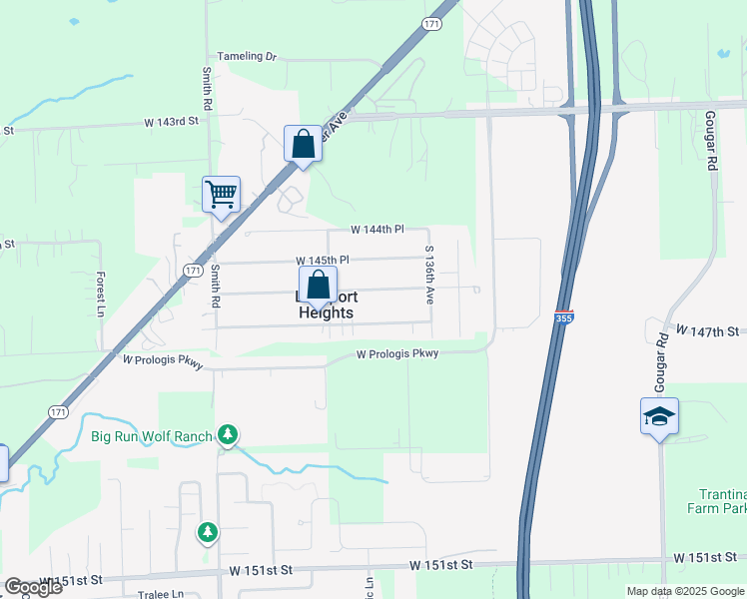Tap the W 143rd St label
172,121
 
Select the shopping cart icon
221,194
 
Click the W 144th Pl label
376,230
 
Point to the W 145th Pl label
322,260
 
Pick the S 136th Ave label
429,275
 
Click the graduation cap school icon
659,415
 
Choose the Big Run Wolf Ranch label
151,436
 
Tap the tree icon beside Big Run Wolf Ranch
229,434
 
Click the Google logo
33,587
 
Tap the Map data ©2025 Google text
684,591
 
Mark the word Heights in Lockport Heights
327,312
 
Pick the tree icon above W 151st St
208,533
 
